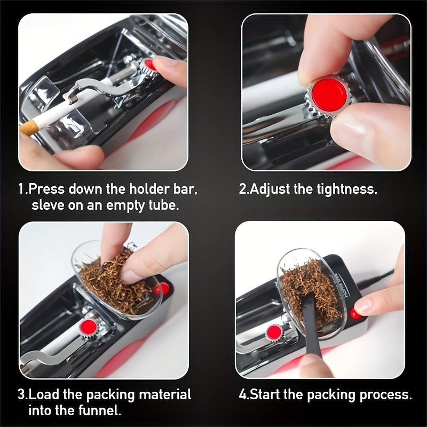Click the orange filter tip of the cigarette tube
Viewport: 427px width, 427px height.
[x=29, y=128]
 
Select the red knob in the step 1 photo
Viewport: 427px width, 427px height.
[x=148, y=65]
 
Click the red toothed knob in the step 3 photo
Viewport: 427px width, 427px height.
[x=88, y=327]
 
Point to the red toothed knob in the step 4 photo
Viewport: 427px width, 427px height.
[x=274, y=331]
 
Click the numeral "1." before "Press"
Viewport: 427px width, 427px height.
[x=23, y=189]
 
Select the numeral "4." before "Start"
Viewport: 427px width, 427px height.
[x=244, y=394]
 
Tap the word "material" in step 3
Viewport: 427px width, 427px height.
[x=165, y=394]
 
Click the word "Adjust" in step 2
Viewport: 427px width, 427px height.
[x=270, y=189]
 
